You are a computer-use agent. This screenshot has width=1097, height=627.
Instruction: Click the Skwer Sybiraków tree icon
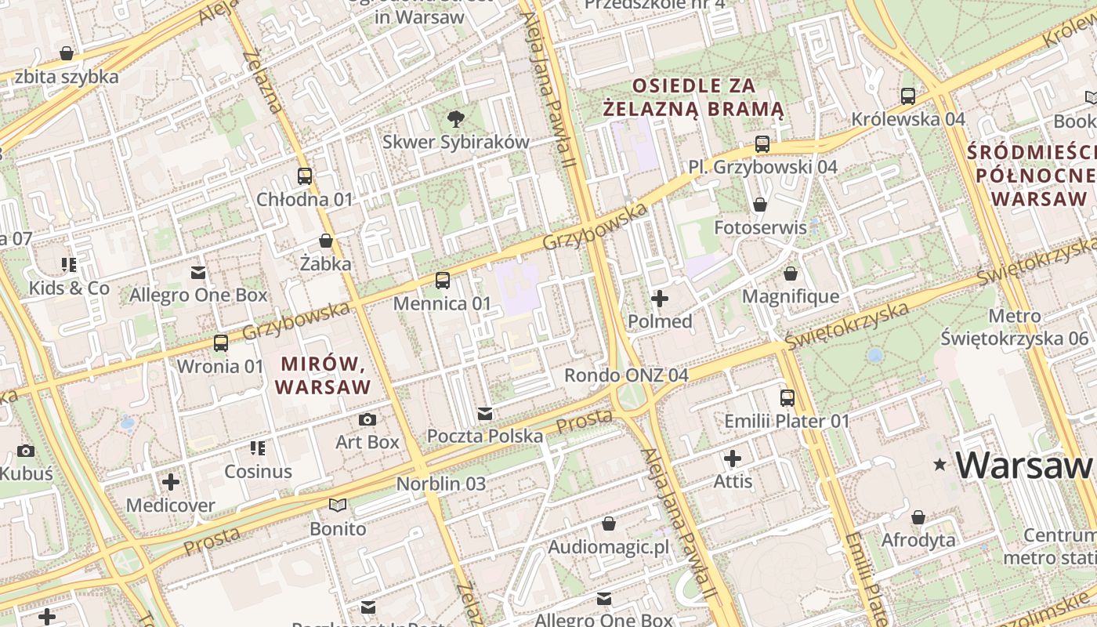[455, 119]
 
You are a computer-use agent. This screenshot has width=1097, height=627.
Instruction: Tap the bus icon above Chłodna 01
[305, 176]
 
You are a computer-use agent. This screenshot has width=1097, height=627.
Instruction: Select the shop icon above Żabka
[326, 241]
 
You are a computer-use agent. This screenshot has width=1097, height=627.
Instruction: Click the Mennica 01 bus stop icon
[443, 280]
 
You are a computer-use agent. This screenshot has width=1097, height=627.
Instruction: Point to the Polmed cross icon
[660, 299]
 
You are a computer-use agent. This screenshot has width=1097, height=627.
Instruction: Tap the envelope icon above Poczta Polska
[485, 413]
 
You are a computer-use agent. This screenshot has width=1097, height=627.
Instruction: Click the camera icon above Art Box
[367, 419]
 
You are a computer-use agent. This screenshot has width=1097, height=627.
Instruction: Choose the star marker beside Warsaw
[940, 465]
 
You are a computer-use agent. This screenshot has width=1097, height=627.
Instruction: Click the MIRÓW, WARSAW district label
[323, 375]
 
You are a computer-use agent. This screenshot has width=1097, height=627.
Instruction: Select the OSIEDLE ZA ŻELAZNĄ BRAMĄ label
[694, 96]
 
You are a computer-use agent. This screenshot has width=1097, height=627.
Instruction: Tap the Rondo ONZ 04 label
[626, 375]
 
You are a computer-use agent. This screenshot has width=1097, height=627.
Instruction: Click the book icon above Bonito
[338, 505]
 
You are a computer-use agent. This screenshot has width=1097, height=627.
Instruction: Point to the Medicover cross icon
[171, 481]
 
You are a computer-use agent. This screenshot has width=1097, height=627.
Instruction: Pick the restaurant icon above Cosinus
[258, 448]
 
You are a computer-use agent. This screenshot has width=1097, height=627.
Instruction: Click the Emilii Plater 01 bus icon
[787, 398]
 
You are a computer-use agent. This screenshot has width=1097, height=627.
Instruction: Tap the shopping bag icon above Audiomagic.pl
[609, 524]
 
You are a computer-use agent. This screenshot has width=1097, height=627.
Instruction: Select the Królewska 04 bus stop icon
[908, 96]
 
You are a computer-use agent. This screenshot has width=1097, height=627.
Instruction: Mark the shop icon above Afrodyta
[918, 517]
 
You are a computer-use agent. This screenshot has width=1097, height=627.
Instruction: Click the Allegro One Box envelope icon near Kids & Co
[198, 273]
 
